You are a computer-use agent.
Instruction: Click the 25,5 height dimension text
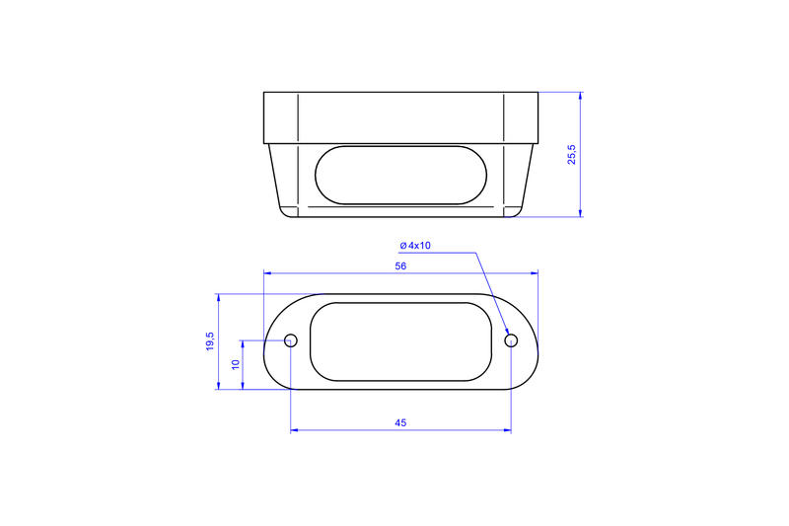tap(572, 154)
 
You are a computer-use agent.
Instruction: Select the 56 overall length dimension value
tap(400, 266)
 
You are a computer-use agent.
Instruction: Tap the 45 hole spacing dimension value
tap(400, 422)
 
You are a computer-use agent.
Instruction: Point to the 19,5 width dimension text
tap(209, 341)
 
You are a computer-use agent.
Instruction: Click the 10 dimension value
tap(235, 365)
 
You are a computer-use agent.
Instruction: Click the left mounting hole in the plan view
tap(291, 340)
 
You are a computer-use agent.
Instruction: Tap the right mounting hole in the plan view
tap(511, 340)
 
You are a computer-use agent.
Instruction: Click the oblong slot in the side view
tap(400, 176)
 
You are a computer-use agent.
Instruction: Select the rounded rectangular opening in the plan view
tap(400, 341)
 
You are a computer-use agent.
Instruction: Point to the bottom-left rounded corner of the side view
tap(284, 214)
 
